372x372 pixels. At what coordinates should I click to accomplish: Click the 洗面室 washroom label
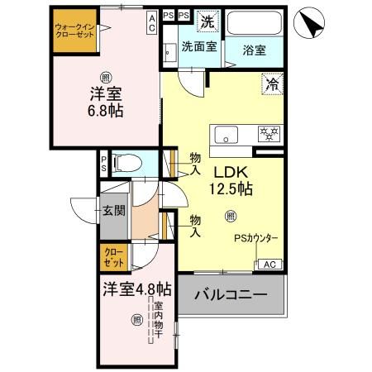click(x=198, y=47)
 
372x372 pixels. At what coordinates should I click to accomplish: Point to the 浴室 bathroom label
click(x=255, y=50)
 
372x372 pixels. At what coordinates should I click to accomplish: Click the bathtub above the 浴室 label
click(x=255, y=24)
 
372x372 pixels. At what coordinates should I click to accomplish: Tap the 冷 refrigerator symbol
click(x=271, y=83)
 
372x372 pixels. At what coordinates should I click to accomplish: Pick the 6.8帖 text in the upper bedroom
click(x=107, y=110)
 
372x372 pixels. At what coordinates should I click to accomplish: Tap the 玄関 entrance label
click(x=114, y=211)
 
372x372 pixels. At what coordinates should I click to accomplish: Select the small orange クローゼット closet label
click(x=114, y=256)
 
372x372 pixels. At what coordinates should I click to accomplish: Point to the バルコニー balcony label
click(x=231, y=295)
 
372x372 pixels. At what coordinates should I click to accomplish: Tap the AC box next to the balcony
click(x=269, y=265)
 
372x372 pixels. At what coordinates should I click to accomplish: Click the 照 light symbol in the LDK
click(x=231, y=217)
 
